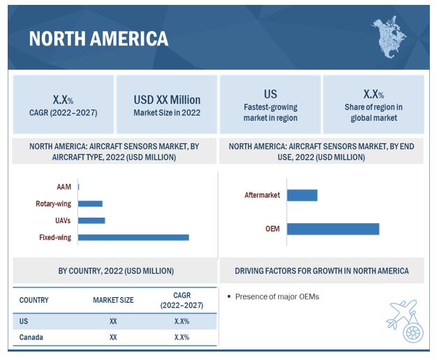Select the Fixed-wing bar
[x=133, y=237]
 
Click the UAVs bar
[x=91, y=220]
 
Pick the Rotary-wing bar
[x=90, y=204]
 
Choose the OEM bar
[x=332, y=229]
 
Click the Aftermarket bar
[x=302, y=195]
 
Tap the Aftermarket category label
[x=262, y=195]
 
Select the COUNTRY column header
[x=34, y=300]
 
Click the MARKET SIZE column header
[x=113, y=300]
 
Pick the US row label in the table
[x=24, y=321]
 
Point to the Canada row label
[x=31, y=338]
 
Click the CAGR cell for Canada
[x=181, y=338]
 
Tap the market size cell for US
[x=113, y=321]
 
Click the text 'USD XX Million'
[x=167, y=100]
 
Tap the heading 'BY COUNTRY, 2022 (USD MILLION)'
[x=116, y=271]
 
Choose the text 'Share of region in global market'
[x=373, y=112]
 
